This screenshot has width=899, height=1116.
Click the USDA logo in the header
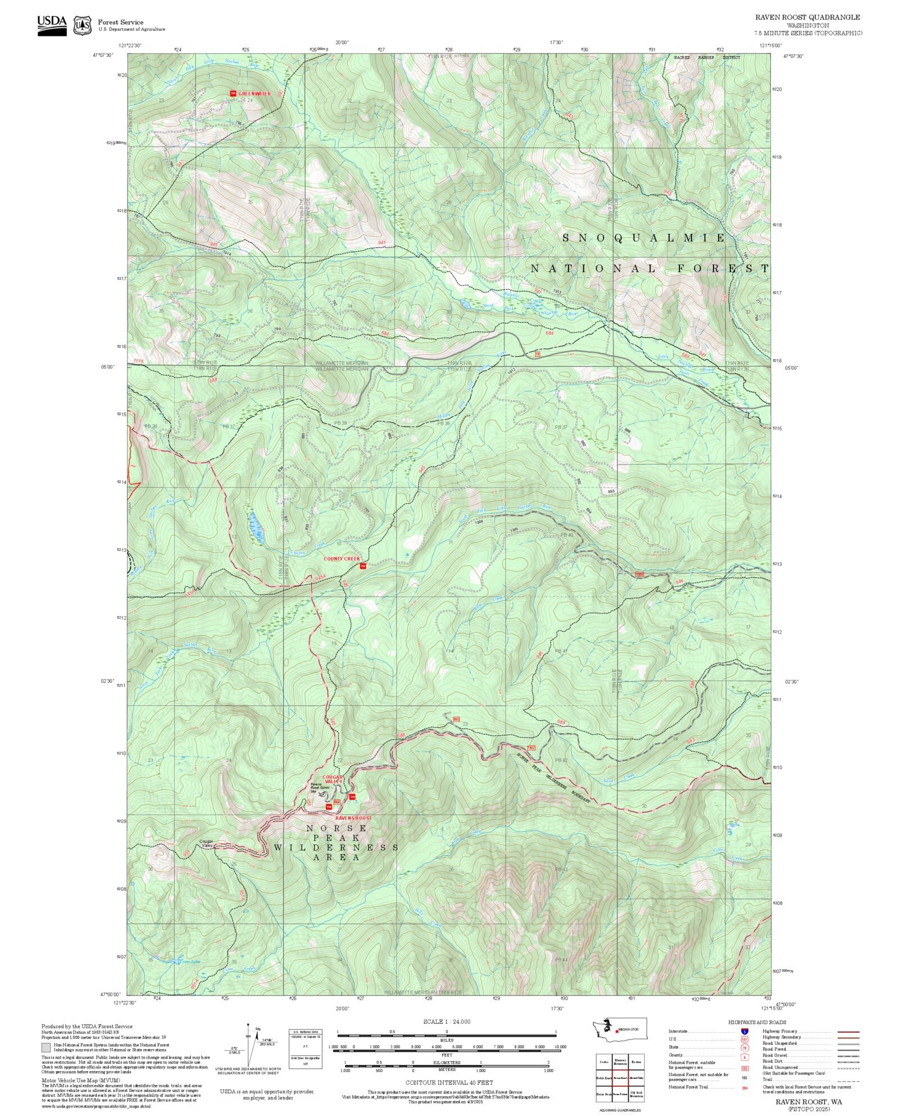coord(52,25)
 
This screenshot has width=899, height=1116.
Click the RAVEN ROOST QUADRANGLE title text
coord(807,17)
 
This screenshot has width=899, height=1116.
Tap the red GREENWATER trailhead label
coord(254,94)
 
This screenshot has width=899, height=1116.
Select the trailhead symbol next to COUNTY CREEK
coord(363,566)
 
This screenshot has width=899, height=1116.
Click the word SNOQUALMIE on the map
coord(644,238)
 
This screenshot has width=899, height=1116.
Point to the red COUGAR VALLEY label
coord(332,779)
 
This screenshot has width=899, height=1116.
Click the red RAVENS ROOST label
coord(353,818)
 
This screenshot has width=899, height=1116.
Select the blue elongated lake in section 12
coord(256,528)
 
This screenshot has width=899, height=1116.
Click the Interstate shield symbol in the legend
coord(745,1032)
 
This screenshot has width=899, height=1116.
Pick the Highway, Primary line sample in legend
coord(848,1032)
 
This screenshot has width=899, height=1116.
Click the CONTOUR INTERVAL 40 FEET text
coord(449,1082)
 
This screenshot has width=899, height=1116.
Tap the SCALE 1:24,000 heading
coord(447,1022)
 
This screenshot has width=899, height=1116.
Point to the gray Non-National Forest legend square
coord(46,1047)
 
